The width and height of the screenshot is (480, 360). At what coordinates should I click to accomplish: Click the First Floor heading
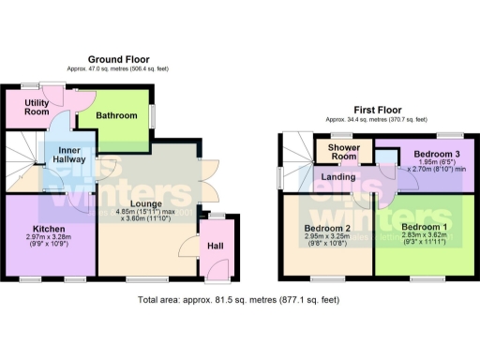(x=376, y=110)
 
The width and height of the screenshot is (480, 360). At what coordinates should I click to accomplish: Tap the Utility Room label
(x=37, y=106)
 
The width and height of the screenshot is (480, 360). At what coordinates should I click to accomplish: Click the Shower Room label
(x=344, y=152)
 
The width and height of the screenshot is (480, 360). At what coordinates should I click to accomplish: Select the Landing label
(x=337, y=175)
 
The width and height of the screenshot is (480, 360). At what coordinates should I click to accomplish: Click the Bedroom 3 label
(x=437, y=153)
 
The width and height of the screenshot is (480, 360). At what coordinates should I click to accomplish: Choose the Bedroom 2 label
(x=326, y=228)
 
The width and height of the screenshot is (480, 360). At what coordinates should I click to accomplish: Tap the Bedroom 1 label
(x=424, y=228)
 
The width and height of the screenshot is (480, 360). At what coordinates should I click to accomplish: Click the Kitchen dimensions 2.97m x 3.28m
(x=47, y=239)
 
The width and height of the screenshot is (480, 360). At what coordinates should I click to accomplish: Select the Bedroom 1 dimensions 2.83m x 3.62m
(x=424, y=238)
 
